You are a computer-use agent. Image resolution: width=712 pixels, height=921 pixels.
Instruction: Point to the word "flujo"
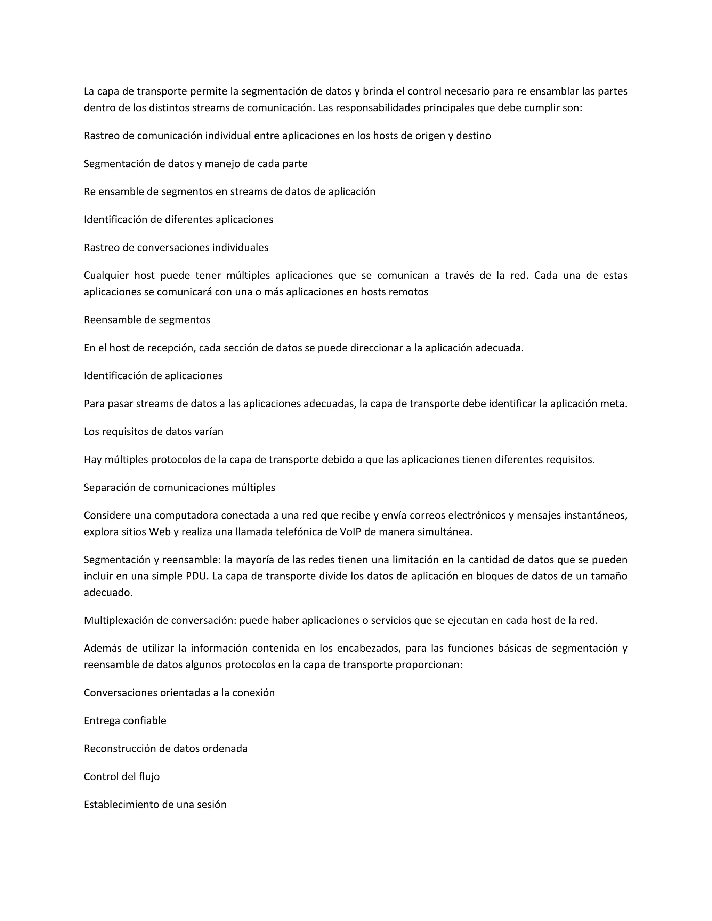tap(149, 776)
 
